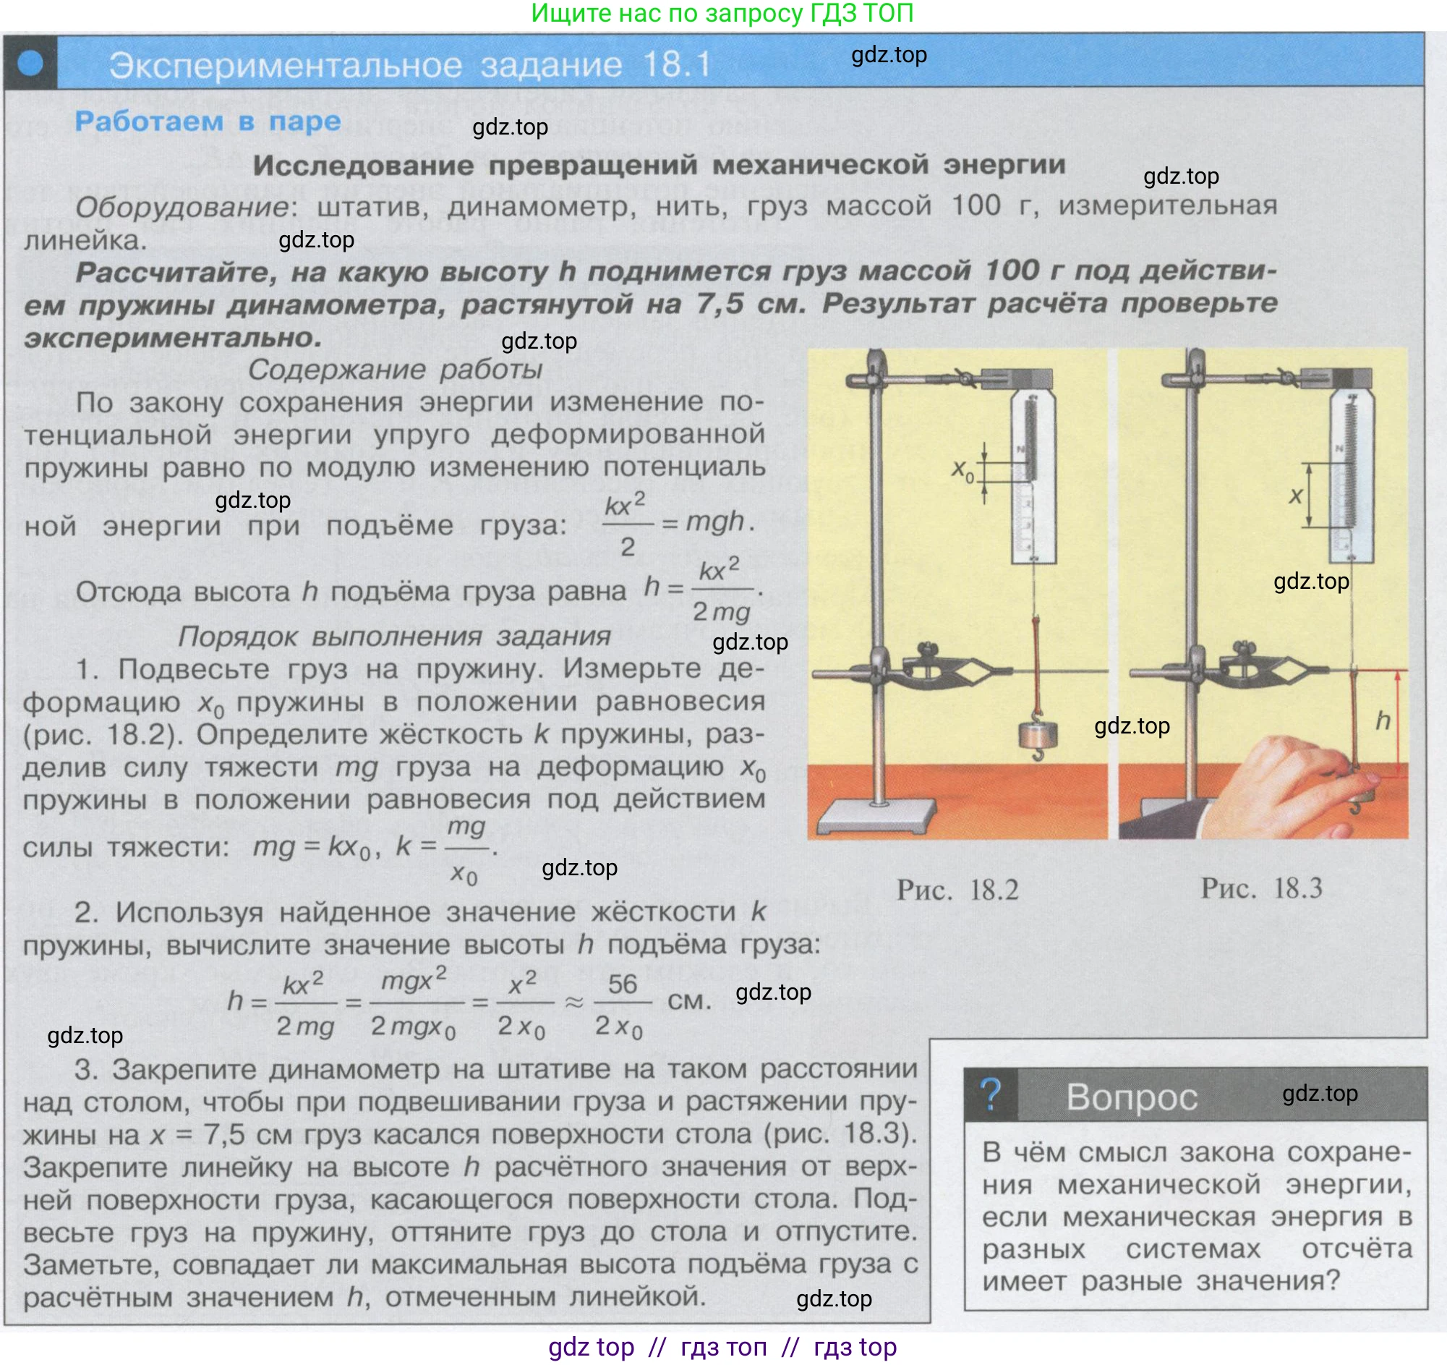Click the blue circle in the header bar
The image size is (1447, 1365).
(30, 63)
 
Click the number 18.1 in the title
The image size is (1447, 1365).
(677, 65)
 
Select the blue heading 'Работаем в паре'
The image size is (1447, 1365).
(208, 121)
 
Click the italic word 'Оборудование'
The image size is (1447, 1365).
(182, 208)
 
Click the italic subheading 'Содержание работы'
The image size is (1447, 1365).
(396, 369)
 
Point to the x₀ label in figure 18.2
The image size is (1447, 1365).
(962, 471)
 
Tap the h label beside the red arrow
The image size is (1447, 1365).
(1383, 720)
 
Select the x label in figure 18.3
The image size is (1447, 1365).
(1296, 496)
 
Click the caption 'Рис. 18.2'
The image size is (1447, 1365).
(957, 890)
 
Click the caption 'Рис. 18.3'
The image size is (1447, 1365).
(1261, 888)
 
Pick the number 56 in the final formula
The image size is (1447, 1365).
(623, 985)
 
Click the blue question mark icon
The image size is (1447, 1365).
(991, 1094)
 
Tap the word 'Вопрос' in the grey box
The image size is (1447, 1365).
(1132, 1097)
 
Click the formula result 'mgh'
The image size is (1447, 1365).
(715, 522)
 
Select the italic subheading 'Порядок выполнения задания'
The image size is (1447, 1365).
(395, 637)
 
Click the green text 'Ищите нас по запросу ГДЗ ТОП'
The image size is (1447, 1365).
(722, 13)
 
